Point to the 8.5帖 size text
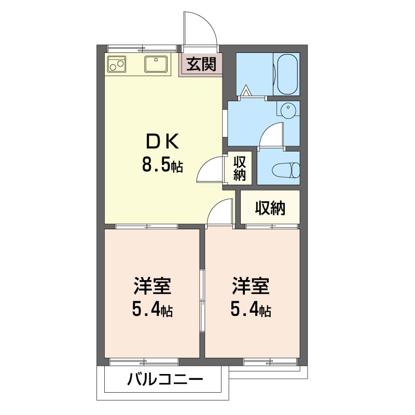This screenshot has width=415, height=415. pyautogui.click(x=162, y=165)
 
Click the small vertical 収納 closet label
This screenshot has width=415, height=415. pyautogui.click(x=239, y=168)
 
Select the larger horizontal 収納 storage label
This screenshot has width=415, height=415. pyautogui.click(x=270, y=208)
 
